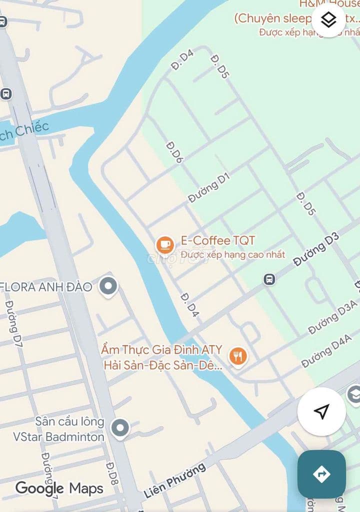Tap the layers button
328,20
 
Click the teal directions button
321,474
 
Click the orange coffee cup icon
165,245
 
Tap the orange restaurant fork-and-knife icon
238,356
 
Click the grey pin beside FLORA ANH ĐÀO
108,286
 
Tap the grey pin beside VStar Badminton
119,428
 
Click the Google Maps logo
59,488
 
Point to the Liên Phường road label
174,480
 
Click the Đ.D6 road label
175,152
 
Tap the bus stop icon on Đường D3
269,279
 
